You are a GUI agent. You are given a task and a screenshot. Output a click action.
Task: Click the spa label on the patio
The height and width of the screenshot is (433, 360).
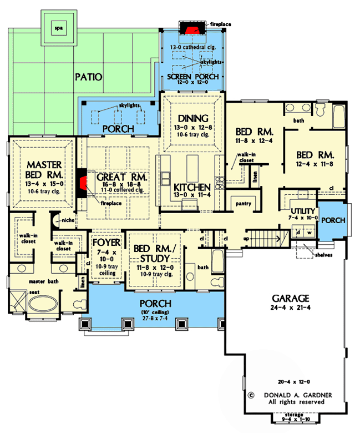(58, 28)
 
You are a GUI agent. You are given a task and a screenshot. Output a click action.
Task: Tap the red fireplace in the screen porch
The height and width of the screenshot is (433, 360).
(192, 30)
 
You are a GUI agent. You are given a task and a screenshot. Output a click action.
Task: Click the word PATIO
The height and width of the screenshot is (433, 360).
(89, 77)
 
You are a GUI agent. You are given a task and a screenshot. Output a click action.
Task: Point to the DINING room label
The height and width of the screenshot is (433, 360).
(193, 118)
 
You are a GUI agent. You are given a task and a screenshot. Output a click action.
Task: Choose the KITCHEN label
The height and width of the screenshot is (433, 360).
(192, 187)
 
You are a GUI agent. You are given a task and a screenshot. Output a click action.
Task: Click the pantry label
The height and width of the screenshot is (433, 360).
(244, 204)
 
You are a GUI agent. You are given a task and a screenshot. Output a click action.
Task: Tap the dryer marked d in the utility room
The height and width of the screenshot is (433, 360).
(298, 233)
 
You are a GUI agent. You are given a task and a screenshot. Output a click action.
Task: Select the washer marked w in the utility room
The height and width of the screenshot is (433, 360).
(310, 233)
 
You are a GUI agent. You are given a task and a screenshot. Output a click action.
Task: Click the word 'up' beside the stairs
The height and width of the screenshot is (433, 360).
(246, 239)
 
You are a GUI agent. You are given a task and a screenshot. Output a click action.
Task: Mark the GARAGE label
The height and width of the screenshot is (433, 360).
(291, 298)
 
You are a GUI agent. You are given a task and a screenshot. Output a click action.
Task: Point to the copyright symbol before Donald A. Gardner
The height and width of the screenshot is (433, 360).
(251, 395)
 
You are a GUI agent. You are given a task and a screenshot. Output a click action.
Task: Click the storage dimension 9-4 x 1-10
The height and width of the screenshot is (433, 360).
(296, 419)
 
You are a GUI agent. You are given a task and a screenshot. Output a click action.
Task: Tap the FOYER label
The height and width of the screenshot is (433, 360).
(107, 243)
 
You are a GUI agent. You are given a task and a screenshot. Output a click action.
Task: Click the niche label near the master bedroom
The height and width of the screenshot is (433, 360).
(68, 220)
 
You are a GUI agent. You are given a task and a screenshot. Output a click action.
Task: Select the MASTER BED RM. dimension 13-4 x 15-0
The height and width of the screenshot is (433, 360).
(44, 184)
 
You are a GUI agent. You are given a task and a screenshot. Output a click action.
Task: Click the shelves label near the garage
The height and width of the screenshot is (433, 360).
(323, 255)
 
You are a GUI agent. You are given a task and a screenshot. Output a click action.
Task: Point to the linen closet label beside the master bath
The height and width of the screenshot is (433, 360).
(83, 283)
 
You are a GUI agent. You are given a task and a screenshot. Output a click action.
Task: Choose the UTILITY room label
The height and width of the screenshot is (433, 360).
(303, 211)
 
